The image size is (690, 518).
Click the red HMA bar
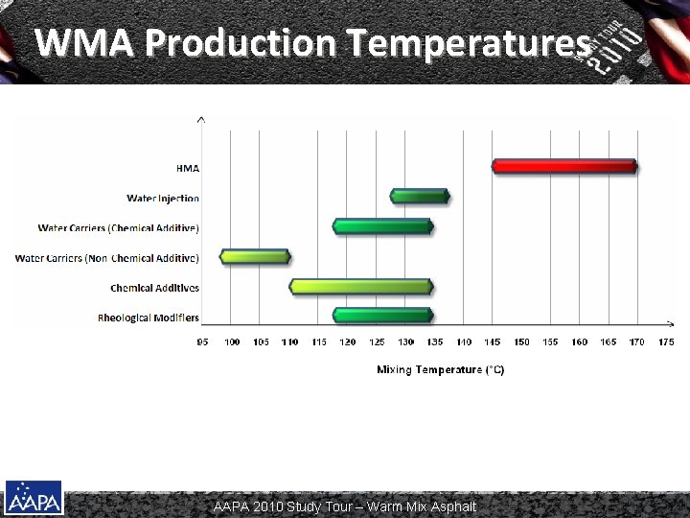pyautogui.click(x=564, y=166)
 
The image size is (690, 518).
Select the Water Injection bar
pyautogui.click(x=420, y=197)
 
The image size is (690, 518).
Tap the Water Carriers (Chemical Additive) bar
pyautogui.click(x=383, y=227)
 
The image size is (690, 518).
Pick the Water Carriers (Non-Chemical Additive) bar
pyautogui.click(x=254, y=257)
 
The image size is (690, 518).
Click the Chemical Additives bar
pyautogui.click(x=362, y=287)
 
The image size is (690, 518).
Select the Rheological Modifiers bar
pyautogui.click(x=383, y=316)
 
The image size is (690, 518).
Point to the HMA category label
pyautogui.click(x=187, y=168)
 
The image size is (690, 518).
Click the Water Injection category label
pyautogui.click(x=163, y=199)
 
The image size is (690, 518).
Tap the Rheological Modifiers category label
pyautogui.click(x=149, y=318)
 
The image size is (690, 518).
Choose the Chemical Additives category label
pyautogui.click(x=154, y=288)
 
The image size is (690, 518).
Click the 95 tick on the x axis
pyautogui.click(x=203, y=342)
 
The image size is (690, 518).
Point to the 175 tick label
pyautogui.click(x=666, y=342)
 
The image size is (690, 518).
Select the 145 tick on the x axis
pyautogui.click(x=493, y=342)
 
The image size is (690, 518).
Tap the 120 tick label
pyautogui.click(x=348, y=342)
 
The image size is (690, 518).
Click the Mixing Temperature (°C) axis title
pyautogui.click(x=440, y=369)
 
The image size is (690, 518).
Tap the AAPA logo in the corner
pyautogui.click(x=34, y=498)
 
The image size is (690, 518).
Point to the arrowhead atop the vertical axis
pyautogui.click(x=200, y=120)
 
